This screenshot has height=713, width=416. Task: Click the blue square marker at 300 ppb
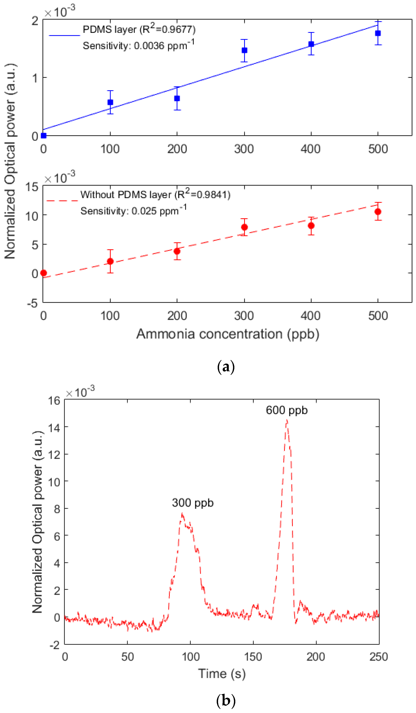(x=244, y=50)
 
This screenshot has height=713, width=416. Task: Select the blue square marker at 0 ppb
(x=43, y=136)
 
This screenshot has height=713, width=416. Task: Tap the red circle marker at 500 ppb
(x=378, y=212)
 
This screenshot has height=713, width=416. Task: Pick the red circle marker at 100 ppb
(x=110, y=261)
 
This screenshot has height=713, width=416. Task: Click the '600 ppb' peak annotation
(x=286, y=410)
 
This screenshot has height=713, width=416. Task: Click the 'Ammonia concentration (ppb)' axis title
(x=228, y=334)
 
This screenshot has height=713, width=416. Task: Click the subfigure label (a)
(x=226, y=367)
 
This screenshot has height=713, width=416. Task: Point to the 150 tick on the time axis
(x=253, y=656)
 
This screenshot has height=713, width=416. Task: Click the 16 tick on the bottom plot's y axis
(x=54, y=401)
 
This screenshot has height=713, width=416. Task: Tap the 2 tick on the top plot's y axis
(x=35, y=21)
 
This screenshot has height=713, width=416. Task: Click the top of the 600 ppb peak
(x=287, y=420)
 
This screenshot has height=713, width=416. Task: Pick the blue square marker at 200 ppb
(x=177, y=98)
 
